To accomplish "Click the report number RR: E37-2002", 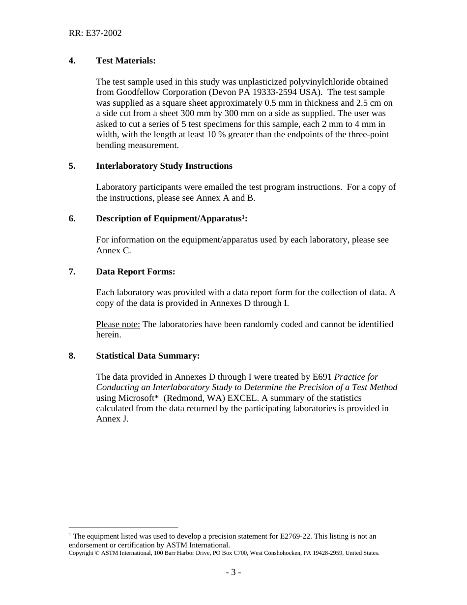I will tap(95, 33).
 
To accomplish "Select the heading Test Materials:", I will tap(126, 60).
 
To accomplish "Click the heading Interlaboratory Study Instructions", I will tap(164, 166).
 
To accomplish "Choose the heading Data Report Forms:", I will tap(136, 272).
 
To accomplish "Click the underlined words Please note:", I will tap(118, 325).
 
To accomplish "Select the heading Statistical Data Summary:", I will tap(148, 356).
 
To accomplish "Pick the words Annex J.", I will tap(112, 419).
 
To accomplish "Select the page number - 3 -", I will tap(233, 572).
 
